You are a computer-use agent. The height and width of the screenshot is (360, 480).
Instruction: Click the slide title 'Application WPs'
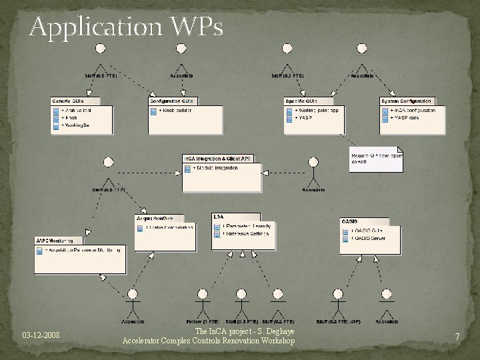[126, 27]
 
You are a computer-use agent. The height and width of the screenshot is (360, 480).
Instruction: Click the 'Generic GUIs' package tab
[67, 101]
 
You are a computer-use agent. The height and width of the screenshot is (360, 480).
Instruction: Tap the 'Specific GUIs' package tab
[301, 101]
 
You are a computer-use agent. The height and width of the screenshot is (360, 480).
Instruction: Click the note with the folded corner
[376, 159]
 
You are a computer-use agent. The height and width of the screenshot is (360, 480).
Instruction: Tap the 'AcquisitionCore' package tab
[155, 218]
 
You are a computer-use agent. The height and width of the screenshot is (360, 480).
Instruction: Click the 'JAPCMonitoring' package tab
[59, 241]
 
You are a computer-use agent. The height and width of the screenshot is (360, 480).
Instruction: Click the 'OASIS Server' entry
[371, 238]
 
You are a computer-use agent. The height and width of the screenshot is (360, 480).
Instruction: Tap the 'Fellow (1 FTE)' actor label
[197, 322]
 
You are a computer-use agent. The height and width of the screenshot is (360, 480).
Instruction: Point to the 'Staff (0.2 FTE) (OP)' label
[339, 322]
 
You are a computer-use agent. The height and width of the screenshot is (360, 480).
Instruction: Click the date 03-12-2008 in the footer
[41, 335]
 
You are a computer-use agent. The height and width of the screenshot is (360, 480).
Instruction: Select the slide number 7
[457, 337]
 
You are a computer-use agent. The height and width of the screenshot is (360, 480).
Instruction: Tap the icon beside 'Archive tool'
[56, 111]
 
